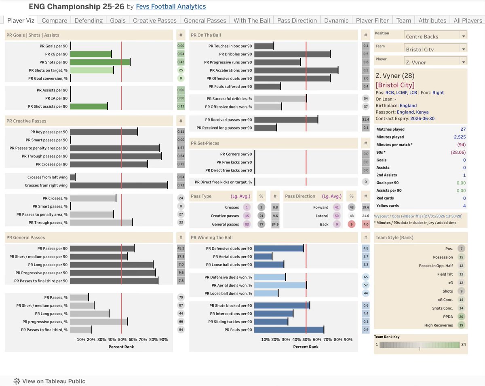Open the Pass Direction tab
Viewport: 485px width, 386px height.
tap(295, 20)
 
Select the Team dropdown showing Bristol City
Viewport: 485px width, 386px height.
tap(435, 49)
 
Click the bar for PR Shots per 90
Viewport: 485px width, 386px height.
tap(99, 62)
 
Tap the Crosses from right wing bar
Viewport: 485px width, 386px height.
tap(118, 185)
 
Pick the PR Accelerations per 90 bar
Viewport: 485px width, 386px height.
tap(296, 70)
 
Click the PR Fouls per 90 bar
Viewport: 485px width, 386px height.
tap(289, 330)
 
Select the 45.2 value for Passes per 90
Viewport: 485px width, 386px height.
tap(181, 248)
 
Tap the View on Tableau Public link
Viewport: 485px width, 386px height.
tap(54, 381)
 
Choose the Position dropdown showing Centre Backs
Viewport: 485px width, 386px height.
tap(435, 36)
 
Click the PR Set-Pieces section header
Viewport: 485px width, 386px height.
tap(274, 143)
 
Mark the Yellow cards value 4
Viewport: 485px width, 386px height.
tap(464, 206)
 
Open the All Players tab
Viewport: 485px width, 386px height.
tap(468, 20)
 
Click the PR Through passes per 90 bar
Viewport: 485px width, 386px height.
tap(115, 156)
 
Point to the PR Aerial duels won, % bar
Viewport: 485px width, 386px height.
tap(280, 285)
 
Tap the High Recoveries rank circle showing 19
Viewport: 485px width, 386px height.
tap(460, 325)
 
